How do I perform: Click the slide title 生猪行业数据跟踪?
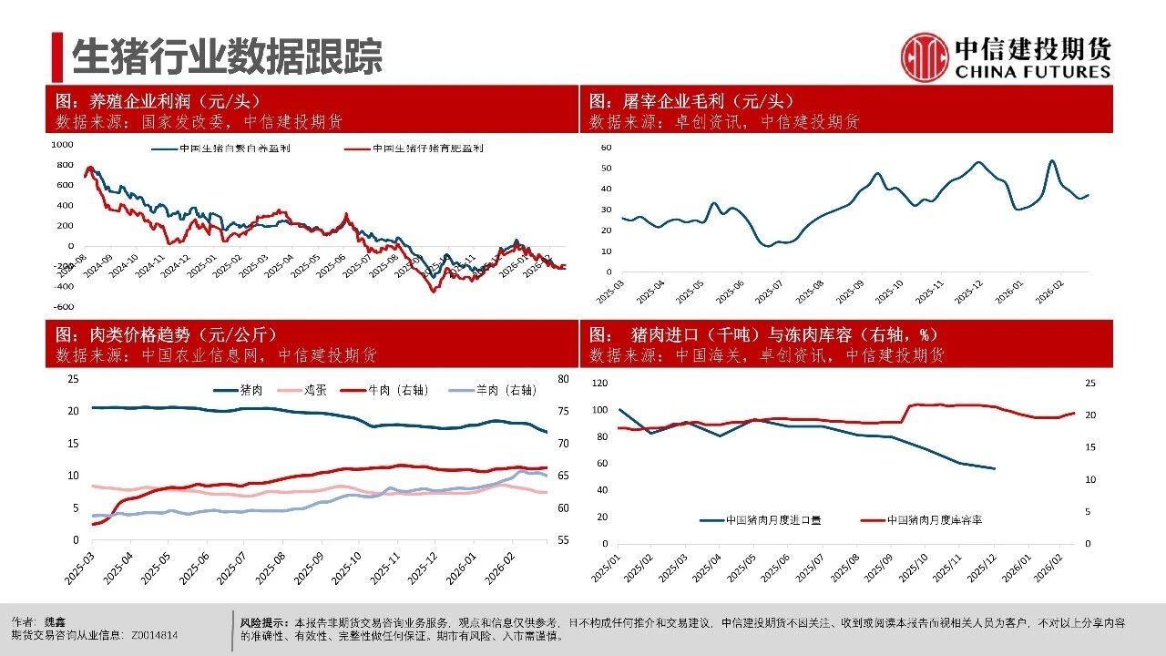point(227,56)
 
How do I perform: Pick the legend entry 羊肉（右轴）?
point(493,390)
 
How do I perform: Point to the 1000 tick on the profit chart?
point(62,145)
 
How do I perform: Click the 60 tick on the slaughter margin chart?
point(607,147)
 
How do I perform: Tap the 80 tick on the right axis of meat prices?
point(564,379)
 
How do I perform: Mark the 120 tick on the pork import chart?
point(599,384)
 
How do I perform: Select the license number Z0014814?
point(155,635)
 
